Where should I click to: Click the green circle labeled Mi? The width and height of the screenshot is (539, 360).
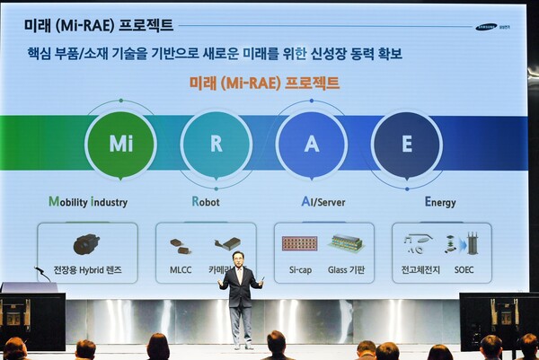[120, 145]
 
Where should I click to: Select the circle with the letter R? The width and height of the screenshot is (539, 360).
[216, 145]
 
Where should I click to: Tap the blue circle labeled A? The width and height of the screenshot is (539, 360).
[311, 145]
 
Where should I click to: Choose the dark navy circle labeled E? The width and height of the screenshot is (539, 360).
[406, 145]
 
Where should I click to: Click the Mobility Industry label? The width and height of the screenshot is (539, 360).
[88, 202]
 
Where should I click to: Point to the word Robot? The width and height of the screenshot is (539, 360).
[205, 202]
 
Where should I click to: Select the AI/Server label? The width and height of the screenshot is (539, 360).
[312, 202]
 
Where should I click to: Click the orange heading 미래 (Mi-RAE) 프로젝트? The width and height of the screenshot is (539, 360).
[264, 83]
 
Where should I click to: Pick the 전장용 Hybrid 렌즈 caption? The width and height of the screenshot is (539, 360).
[87, 269]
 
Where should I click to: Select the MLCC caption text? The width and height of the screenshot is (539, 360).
[181, 269]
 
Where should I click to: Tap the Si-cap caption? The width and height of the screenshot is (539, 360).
[299, 269]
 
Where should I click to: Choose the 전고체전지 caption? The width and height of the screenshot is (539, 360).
[419, 269]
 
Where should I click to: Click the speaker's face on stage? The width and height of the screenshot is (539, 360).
[238, 259]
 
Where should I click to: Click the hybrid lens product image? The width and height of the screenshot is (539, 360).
[86, 243]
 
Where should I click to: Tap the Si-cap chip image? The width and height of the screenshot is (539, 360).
[299, 243]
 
